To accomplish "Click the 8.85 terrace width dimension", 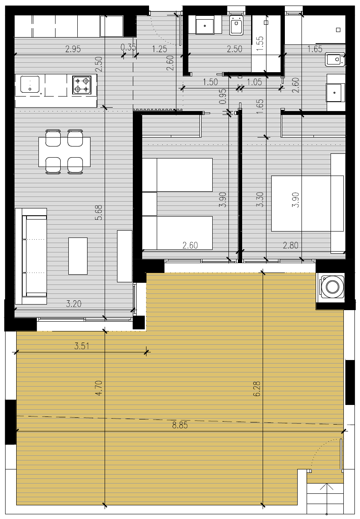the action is [x=180, y=425].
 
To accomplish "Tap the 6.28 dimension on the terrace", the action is [x=257, y=389].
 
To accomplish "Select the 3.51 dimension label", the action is [x=82, y=346].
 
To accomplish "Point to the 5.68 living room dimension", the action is [x=99, y=212].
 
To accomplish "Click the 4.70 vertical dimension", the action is [x=99, y=388].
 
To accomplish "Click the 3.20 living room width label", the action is [x=74, y=304].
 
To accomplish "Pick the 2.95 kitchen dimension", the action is [x=73, y=49].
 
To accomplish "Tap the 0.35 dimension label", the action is [x=128, y=47].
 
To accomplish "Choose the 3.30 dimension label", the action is [x=260, y=199].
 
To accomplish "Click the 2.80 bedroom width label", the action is [x=290, y=245].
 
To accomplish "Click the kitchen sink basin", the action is [x=30, y=84].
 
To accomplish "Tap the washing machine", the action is [x=332, y=287].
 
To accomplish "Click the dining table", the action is [x=64, y=152].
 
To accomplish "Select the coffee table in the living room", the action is [x=78, y=256].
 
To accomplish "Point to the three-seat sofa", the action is [x=31, y=256].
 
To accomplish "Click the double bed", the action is [x=307, y=203].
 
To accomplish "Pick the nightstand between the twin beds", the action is [x=149, y=204].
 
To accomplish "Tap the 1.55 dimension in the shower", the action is [x=260, y=43].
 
